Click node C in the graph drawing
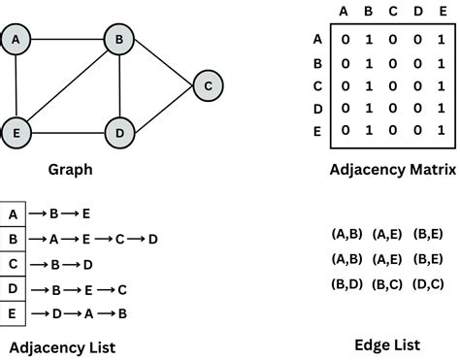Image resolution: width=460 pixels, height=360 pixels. click(207, 85)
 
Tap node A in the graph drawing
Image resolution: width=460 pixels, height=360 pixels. click(16, 40)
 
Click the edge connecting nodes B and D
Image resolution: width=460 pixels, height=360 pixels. click(119, 85)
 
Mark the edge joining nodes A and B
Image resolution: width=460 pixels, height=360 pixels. click(68, 40)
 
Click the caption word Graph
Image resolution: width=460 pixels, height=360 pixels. click(70, 170)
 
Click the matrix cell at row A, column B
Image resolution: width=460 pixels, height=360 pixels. click(368, 40)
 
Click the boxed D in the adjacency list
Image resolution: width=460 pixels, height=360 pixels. click(13, 288)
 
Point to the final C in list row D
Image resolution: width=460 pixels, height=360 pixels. click(122, 288)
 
